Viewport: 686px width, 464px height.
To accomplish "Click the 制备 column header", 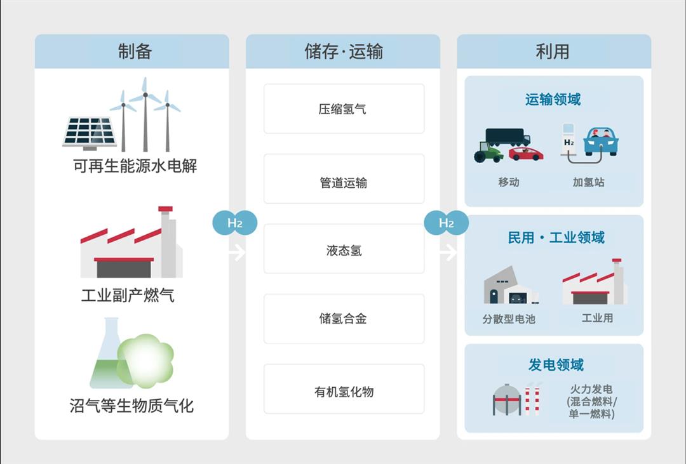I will point(131,51).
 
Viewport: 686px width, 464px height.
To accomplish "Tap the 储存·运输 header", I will point(343,51).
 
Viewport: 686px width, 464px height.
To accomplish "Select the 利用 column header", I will point(553,51).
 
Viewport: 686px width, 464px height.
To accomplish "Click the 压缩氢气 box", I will point(344,109).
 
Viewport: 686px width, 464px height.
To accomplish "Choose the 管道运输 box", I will point(344,183).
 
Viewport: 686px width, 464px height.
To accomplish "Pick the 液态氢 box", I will point(344,250).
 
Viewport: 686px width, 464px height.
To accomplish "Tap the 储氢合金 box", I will point(344,318).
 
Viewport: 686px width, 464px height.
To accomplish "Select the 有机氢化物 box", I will point(344,391).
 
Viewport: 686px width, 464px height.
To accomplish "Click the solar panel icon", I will point(90,132).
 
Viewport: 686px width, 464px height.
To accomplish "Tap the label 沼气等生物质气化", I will point(131,405).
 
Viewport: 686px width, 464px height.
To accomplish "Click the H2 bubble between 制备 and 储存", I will point(234,223).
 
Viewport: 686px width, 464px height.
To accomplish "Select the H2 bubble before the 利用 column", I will point(446,223).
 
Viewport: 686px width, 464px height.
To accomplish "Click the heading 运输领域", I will point(553,100).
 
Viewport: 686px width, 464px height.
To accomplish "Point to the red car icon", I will point(526,154).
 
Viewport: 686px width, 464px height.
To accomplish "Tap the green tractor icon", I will point(488,152).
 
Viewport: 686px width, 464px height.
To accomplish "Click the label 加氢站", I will point(588,182).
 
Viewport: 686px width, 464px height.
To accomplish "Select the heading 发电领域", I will point(555,364).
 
